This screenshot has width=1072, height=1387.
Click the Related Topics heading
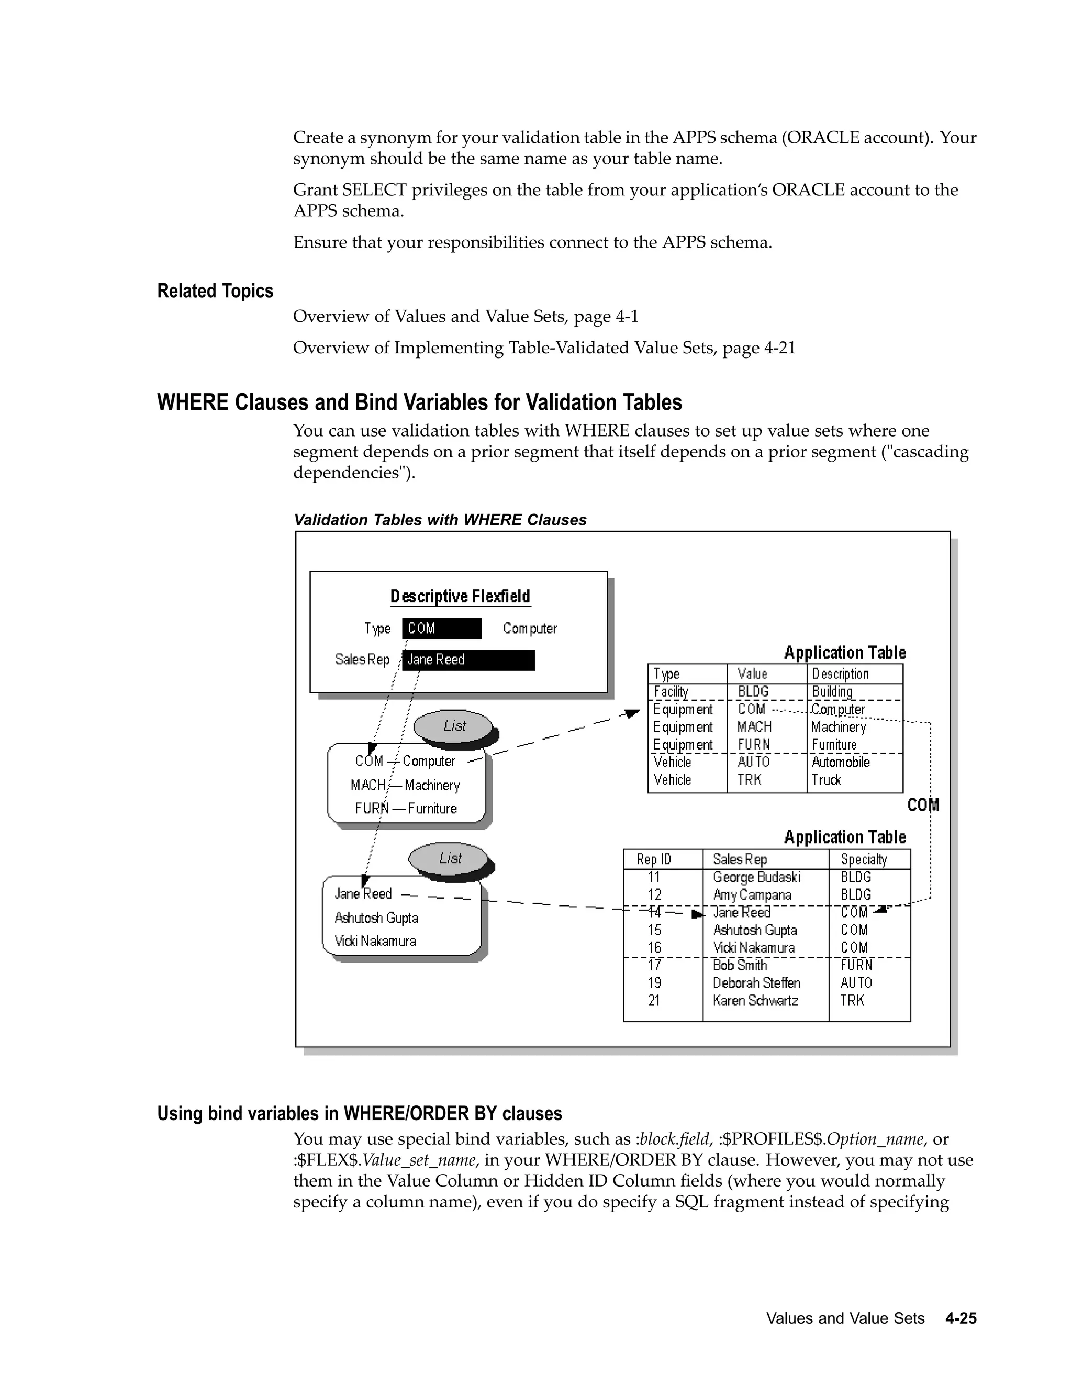(x=215, y=291)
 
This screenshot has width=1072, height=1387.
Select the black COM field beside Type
(x=441, y=628)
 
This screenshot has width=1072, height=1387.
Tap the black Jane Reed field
(x=468, y=660)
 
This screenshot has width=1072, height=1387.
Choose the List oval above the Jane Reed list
(x=450, y=858)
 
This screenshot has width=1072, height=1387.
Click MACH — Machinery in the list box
(x=405, y=786)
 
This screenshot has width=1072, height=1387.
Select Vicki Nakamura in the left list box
(x=375, y=941)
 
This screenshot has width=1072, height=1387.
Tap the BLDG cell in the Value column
(x=753, y=691)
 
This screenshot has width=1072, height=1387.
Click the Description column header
(x=840, y=674)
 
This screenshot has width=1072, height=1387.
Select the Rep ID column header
(x=653, y=859)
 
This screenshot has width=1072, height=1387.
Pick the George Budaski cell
(x=756, y=877)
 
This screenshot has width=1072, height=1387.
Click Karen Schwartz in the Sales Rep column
(x=754, y=1000)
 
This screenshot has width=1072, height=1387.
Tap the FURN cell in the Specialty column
(x=855, y=965)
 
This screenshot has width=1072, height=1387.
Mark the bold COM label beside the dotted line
(x=923, y=806)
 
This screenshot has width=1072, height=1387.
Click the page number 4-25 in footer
(x=960, y=1318)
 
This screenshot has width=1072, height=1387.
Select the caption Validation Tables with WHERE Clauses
(x=440, y=520)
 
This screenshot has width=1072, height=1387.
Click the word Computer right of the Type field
(x=530, y=628)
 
